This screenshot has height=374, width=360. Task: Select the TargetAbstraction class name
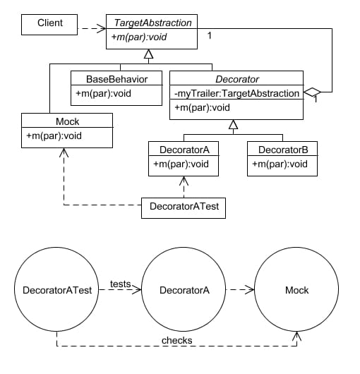(152, 23)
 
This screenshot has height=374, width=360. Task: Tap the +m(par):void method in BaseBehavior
(103, 93)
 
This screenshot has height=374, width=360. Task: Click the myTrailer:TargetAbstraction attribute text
(236, 93)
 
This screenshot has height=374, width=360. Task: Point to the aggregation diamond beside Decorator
(312, 92)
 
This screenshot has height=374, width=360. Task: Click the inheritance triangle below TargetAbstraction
(149, 54)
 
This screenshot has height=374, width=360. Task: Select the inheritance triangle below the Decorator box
(234, 124)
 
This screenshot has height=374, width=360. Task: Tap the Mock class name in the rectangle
(67, 121)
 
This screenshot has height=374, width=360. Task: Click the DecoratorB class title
(283, 150)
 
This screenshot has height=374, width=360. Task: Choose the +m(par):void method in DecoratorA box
(181, 164)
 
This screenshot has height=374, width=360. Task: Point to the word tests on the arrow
(121, 284)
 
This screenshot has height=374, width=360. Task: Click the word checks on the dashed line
(176, 340)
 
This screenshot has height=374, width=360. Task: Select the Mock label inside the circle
(296, 290)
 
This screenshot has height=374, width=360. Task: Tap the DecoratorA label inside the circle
(184, 290)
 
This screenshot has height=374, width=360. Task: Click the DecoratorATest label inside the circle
(57, 290)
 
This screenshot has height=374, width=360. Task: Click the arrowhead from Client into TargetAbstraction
(102, 28)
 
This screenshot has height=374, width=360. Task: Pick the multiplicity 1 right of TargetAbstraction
(210, 35)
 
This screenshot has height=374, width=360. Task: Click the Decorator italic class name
(237, 79)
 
